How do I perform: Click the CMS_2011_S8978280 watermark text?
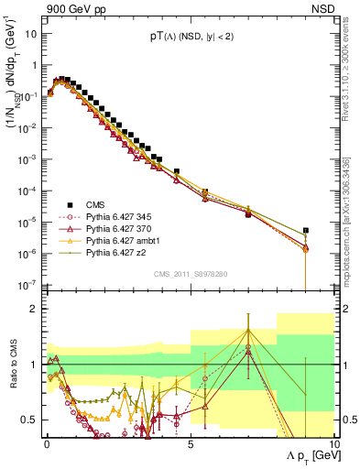[x=190, y=271]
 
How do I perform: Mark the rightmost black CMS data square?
[x=305, y=231]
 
